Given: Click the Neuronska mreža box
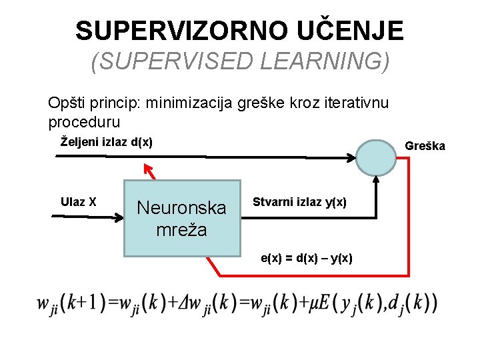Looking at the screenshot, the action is tap(181, 218).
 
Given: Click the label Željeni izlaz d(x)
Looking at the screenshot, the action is tap(107, 141).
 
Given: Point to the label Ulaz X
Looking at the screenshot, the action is tap(79, 201).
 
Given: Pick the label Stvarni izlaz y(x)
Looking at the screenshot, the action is tap(299, 202).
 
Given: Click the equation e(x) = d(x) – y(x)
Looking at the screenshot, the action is tap(307, 258).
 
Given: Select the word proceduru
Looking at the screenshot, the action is tap(84, 123).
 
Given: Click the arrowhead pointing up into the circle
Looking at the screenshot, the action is tap(376, 179).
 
